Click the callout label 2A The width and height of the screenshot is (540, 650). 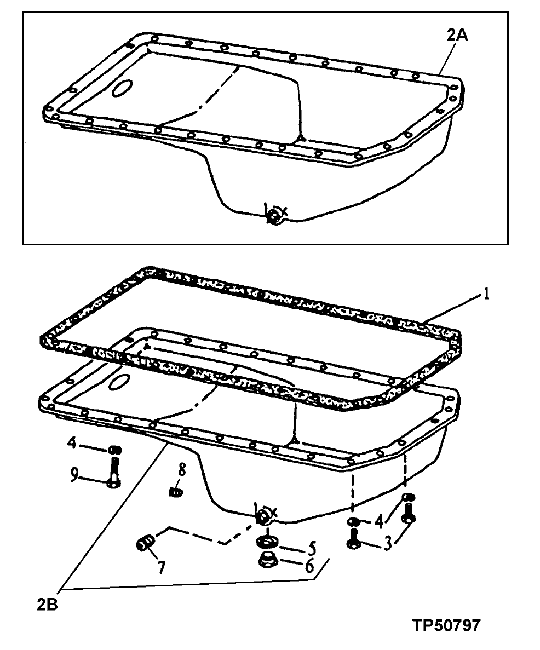coord(457,37)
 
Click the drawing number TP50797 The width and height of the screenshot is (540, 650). coord(446,625)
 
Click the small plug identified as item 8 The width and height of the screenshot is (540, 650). coord(176,491)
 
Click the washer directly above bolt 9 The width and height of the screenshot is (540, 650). coord(114,450)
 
